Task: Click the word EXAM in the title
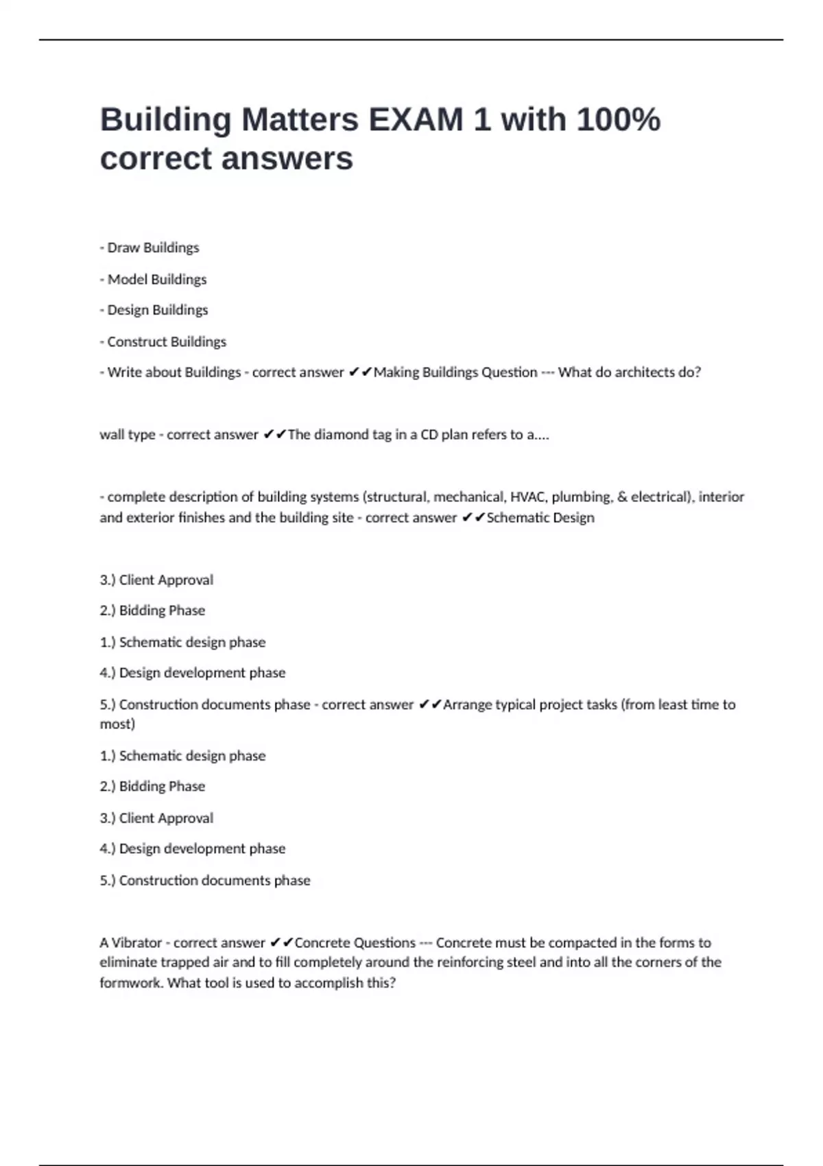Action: pyautogui.click(x=416, y=119)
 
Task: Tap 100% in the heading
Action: pyautogui.click(x=618, y=119)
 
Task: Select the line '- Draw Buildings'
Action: pyautogui.click(x=150, y=248)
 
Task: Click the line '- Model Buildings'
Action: pyautogui.click(x=153, y=279)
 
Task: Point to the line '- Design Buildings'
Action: pyautogui.click(x=154, y=310)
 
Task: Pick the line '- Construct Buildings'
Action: pyautogui.click(x=163, y=342)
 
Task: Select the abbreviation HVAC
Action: pyautogui.click(x=527, y=497)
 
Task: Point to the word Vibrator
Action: pyautogui.click(x=136, y=942)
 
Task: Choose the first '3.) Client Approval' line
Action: pyautogui.click(x=156, y=580)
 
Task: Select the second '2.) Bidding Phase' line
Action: pyautogui.click(x=152, y=786)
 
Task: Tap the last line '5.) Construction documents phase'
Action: pyautogui.click(x=205, y=880)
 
